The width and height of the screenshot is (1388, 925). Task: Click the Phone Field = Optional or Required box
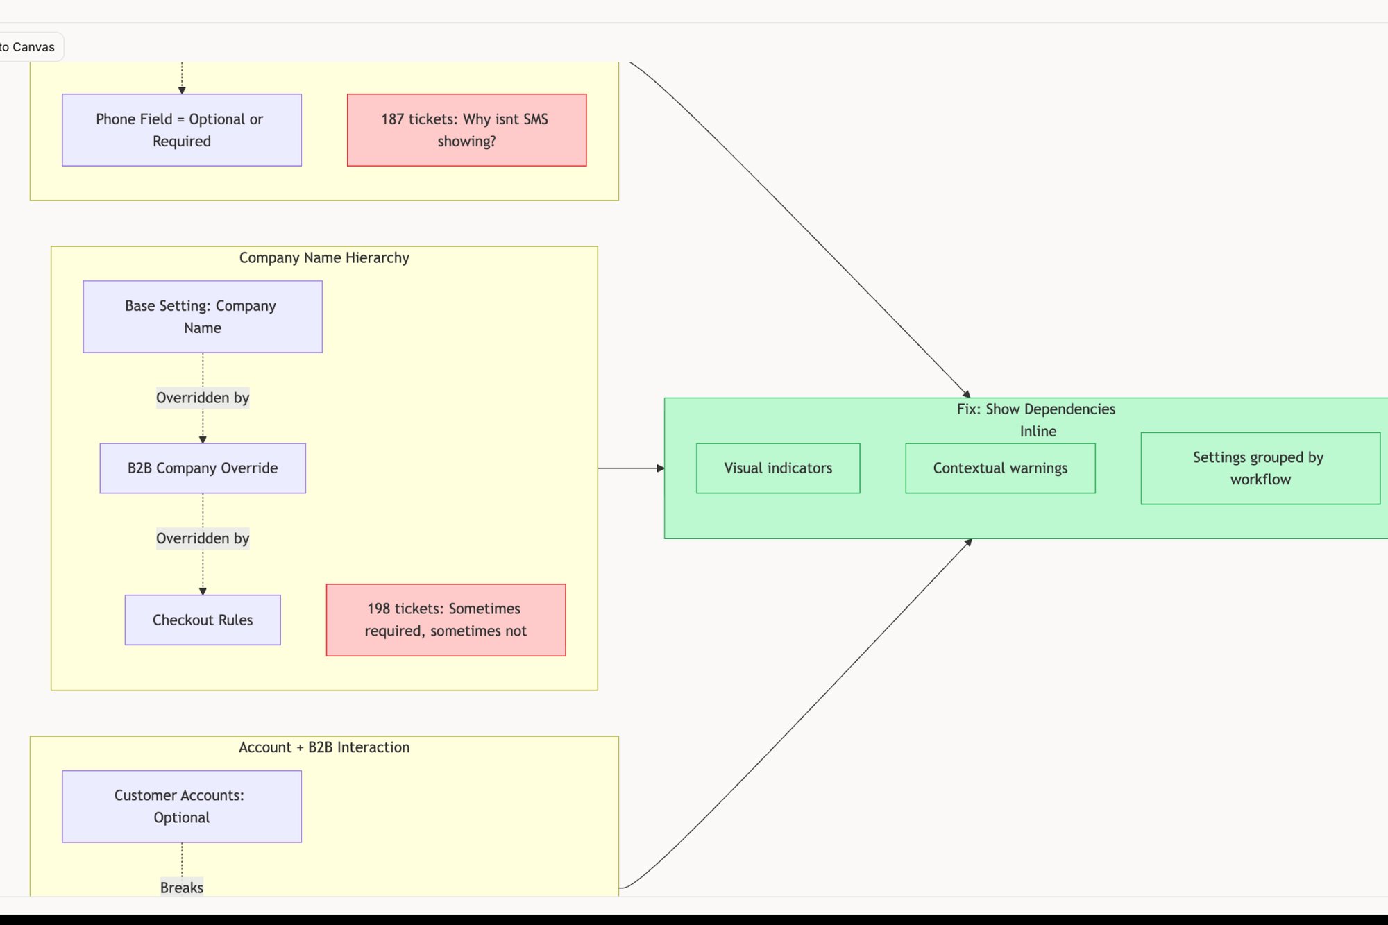pyautogui.click(x=182, y=130)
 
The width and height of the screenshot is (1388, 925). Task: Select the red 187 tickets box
pyautogui.click(x=466, y=130)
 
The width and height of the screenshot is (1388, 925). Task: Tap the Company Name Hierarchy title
pyautogui.click(x=324, y=258)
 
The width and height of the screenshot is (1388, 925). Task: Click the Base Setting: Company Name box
pyautogui.click(x=203, y=316)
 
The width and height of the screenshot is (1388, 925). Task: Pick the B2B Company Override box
pyautogui.click(x=203, y=468)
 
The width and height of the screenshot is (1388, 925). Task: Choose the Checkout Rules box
pyautogui.click(x=203, y=620)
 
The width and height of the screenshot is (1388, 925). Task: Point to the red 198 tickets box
pyautogui.click(x=446, y=620)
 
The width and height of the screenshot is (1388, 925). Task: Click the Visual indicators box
pyautogui.click(x=778, y=468)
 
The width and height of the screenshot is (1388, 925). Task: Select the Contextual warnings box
pyautogui.click(x=1000, y=468)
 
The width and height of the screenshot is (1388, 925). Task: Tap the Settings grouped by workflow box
pyautogui.click(x=1260, y=468)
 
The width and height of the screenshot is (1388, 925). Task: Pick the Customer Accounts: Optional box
pyautogui.click(x=182, y=806)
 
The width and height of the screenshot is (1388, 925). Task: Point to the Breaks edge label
pyautogui.click(x=182, y=888)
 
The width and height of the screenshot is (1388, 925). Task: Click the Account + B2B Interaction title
pyautogui.click(x=324, y=747)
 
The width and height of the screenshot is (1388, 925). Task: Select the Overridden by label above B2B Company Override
pyautogui.click(x=203, y=398)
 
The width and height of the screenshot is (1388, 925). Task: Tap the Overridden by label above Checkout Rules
pyautogui.click(x=203, y=538)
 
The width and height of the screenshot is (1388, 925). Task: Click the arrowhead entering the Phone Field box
pyautogui.click(x=182, y=90)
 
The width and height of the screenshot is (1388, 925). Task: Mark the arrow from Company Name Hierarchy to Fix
pyautogui.click(x=630, y=468)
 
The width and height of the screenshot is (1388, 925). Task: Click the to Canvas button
pyautogui.click(x=28, y=47)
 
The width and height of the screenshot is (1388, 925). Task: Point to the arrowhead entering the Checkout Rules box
pyautogui.click(x=203, y=591)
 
